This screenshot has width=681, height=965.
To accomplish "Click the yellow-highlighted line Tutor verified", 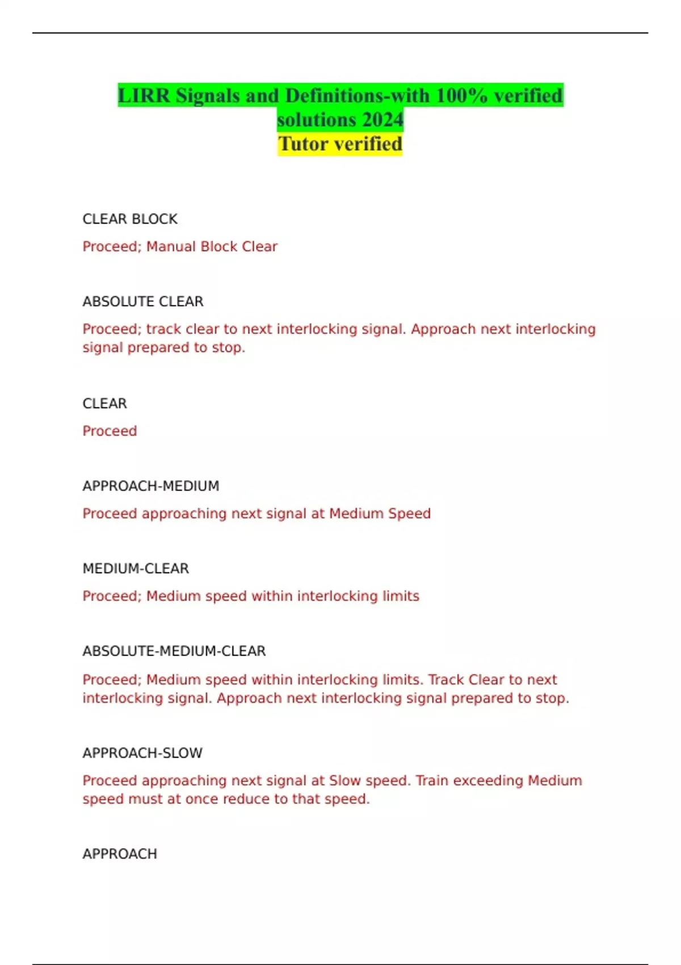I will [x=340, y=144].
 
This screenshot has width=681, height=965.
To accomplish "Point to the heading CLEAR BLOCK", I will [x=130, y=219].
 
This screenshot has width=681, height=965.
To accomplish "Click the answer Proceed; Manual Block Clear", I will [x=180, y=246].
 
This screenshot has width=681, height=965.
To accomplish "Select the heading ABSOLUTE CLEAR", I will [x=143, y=301].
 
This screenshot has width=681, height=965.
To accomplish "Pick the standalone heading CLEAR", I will [x=105, y=404].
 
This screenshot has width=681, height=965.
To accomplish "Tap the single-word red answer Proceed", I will [x=110, y=431].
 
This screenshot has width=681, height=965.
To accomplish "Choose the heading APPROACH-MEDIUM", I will [x=151, y=486].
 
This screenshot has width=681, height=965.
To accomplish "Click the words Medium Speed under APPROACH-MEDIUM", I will [x=380, y=514].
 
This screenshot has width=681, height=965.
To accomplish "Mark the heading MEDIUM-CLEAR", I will [x=136, y=568].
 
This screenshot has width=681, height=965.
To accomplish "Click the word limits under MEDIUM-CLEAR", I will [x=400, y=596].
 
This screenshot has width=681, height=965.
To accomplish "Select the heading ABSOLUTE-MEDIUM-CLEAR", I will [x=174, y=651].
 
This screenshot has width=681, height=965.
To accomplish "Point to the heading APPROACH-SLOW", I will [x=142, y=753].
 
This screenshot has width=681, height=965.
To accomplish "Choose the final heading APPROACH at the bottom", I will [x=120, y=854].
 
